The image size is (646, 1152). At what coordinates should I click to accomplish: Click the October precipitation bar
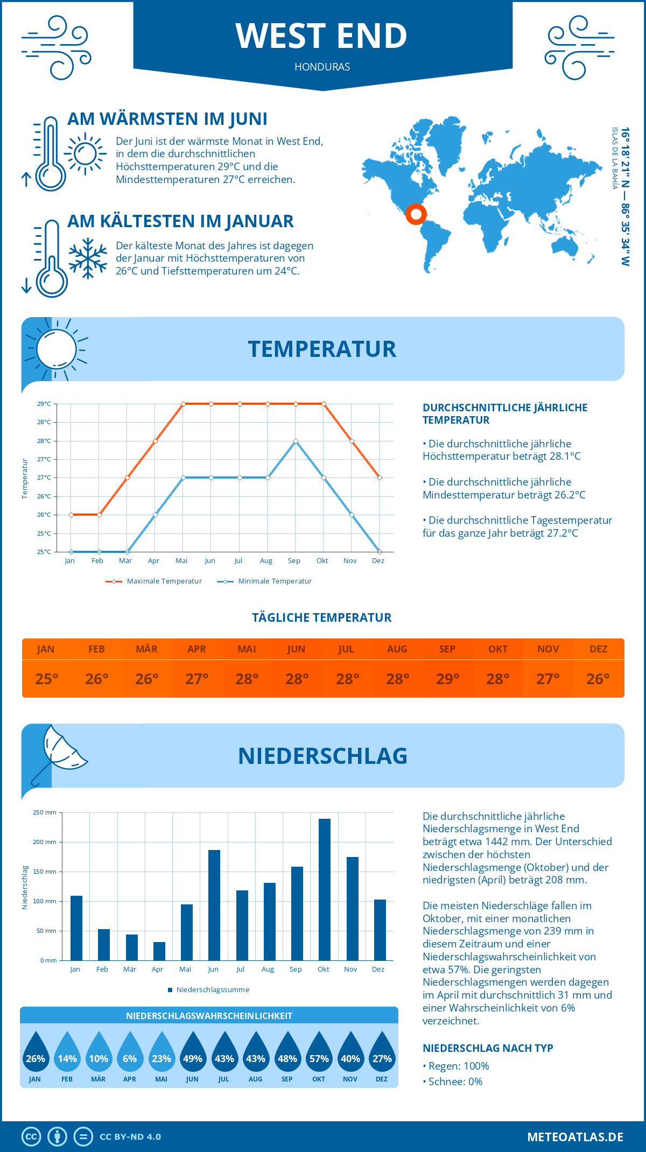click(324, 889)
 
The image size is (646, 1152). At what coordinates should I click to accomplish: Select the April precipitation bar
click(159, 951)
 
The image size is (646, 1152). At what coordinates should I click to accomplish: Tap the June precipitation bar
click(214, 905)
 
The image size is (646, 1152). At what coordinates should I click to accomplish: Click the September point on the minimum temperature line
click(296, 441)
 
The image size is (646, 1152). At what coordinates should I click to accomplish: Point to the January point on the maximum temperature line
click(71, 515)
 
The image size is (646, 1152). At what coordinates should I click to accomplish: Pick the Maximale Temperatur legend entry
click(154, 581)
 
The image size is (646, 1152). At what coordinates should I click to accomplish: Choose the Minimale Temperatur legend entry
click(264, 581)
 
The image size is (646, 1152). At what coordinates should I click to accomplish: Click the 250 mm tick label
click(45, 812)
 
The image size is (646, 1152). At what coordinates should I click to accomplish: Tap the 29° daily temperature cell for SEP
click(447, 679)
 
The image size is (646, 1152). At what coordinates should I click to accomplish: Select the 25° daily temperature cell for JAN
click(46, 679)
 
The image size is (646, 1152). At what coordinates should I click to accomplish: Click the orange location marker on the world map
click(416, 214)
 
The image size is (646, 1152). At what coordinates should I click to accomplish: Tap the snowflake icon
click(88, 258)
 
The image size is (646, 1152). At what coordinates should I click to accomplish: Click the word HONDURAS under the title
click(322, 67)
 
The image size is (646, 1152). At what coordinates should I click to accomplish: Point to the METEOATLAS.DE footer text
click(575, 1137)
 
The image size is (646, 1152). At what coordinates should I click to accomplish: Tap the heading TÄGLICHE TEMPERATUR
click(322, 617)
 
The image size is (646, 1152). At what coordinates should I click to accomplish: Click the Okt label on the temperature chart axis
click(322, 561)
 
